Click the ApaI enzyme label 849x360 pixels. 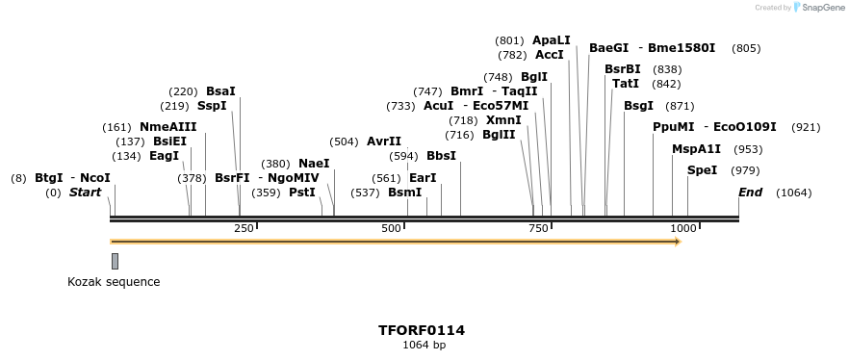coord(552,40)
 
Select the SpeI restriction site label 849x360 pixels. coord(702,170)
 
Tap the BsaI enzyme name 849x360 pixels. coord(220,91)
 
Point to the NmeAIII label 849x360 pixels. coord(167,127)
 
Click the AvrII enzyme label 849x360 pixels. coord(384,141)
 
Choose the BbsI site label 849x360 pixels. coord(441,156)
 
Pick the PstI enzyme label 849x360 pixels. coord(302,193)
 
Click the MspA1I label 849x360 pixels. coord(696,149)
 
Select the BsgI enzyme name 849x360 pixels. coord(638,106)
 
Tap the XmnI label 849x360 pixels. coord(503,120)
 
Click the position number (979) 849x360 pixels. coord(745,170)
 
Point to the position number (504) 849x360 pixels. coord(344,141)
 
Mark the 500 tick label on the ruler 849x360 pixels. coord(391,228)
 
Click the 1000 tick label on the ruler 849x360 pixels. coord(683,228)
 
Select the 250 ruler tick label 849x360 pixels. coord(244,228)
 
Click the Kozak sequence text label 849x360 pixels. coord(114,282)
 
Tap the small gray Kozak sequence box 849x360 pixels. coord(115,261)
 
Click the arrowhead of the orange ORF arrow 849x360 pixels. coord(678,242)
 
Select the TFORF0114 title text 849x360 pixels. coord(423,330)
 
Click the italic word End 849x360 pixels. coord(750,193)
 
